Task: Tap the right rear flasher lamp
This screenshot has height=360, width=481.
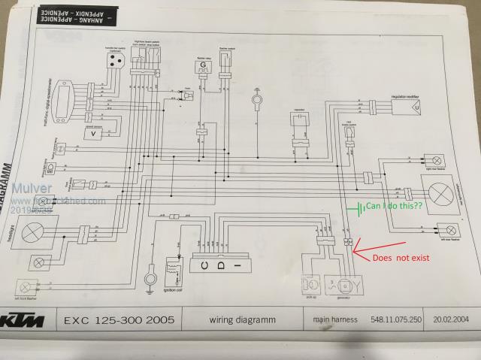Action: [435, 160]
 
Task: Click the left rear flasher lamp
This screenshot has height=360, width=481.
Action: [450, 229]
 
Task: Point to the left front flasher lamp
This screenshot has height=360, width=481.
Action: [28, 287]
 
